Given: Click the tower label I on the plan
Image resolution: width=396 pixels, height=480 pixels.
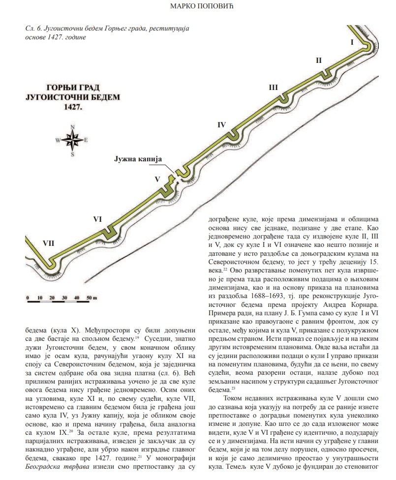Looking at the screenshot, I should click(352, 42).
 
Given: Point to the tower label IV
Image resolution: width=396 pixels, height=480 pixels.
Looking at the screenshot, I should click(221, 125).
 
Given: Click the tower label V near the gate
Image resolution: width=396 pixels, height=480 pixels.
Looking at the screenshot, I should click(157, 179).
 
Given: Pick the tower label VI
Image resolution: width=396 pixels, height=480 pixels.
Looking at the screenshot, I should click(97, 219).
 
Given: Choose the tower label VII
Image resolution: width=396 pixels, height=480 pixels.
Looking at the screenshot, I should click(48, 243).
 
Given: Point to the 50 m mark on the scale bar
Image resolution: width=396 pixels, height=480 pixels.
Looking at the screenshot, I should click(91, 298).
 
